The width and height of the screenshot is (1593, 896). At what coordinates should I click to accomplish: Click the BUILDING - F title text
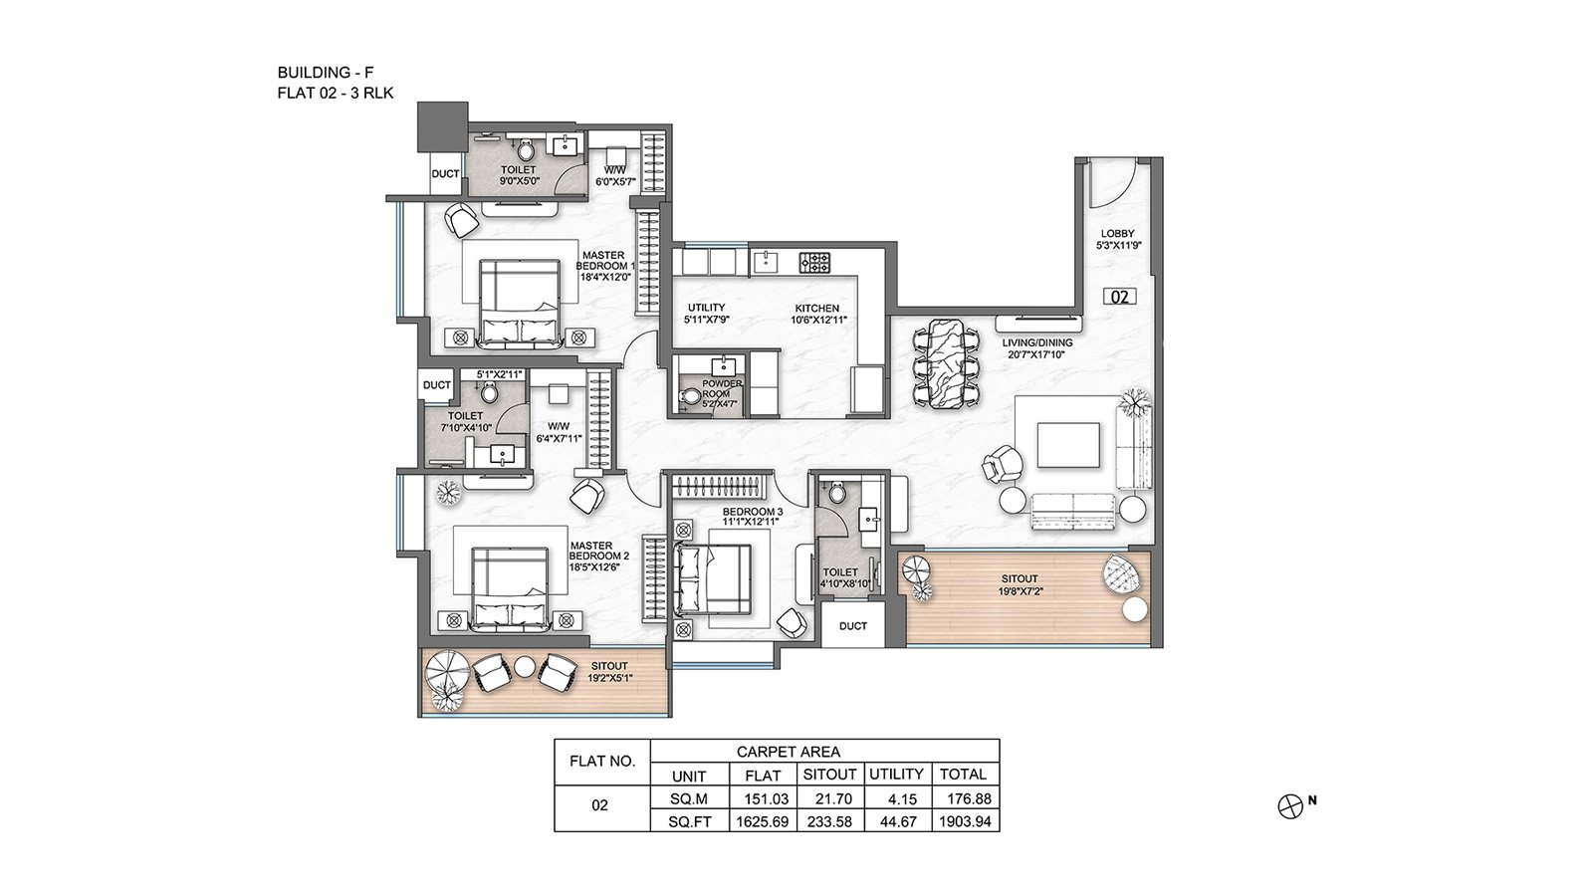[x=325, y=72]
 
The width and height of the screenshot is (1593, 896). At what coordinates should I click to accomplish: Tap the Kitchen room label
[x=817, y=308]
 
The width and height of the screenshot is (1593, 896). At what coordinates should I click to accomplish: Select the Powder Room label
[x=722, y=388]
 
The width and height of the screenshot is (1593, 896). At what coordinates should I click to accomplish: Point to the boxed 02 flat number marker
[x=1119, y=297]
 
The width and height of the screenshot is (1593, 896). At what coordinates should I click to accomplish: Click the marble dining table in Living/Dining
[x=946, y=362]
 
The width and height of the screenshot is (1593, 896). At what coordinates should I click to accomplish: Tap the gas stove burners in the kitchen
[x=814, y=263]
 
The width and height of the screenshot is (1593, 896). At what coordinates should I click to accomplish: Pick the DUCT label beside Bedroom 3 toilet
[x=852, y=626]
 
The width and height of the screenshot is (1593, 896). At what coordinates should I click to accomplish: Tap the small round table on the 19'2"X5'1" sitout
[x=524, y=666]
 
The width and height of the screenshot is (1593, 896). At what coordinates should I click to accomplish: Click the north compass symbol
[x=1290, y=806]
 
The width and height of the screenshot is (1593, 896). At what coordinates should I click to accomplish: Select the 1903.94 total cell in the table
[x=965, y=821]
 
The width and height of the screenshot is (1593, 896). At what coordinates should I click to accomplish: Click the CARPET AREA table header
[x=788, y=752]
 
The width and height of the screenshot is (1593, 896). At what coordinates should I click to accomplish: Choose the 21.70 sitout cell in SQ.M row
[x=829, y=798]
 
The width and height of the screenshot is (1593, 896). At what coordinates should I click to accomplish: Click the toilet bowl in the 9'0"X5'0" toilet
[x=526, y=150]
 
